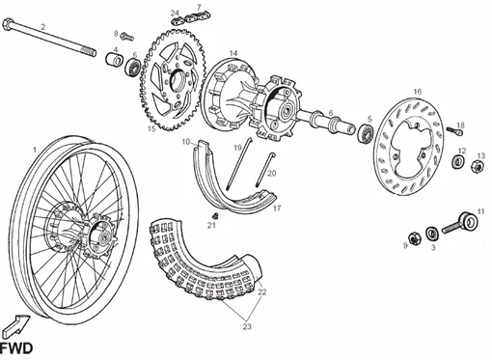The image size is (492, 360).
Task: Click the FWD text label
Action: coord(17,347)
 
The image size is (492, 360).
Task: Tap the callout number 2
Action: coord(41,26)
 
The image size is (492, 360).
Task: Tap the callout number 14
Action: coord(233,53)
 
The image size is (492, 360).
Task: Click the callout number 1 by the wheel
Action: coord(36,149)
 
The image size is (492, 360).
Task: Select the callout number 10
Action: coord(184,142)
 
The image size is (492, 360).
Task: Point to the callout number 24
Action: coord(175,14)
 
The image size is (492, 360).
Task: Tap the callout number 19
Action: coord(236,148)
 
